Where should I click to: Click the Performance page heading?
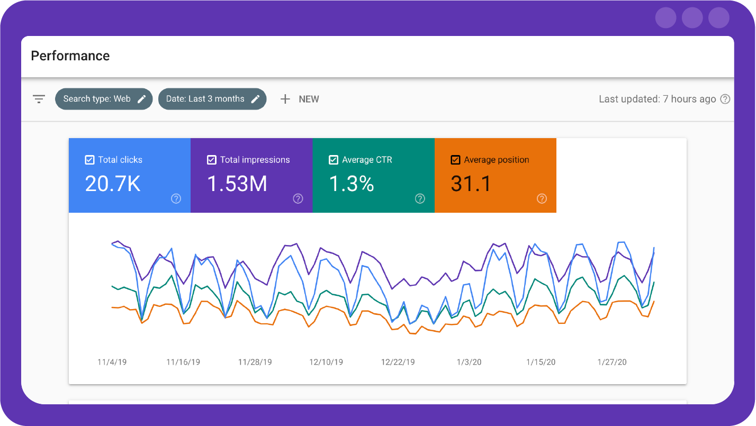tap(70, 56)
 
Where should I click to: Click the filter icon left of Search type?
tap(39, 99)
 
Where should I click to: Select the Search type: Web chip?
tap(97, 99)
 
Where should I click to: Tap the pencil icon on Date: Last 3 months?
tap(255, 99)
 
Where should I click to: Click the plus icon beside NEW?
tap(285, 99)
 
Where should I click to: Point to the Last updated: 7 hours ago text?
tap(657, 99)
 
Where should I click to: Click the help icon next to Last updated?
tap(725, 99)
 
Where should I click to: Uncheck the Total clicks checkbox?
tap(90, 160)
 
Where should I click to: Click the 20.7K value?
tap(113, 184)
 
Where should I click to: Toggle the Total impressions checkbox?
tap(212, 160)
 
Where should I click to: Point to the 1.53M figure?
tap(237, 184)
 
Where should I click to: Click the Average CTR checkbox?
tap(334, 160)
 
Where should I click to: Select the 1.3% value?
tap(352, 184)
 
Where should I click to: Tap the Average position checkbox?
tap(455, 160)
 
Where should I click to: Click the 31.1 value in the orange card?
tap(471, 184)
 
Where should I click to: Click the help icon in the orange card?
tap(542, 198)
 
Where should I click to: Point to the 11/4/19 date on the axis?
tap(112, 362)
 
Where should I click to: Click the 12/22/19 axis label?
tap(398, 362)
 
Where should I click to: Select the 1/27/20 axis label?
tap(612, 362)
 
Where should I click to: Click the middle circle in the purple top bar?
tap(692, 17)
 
